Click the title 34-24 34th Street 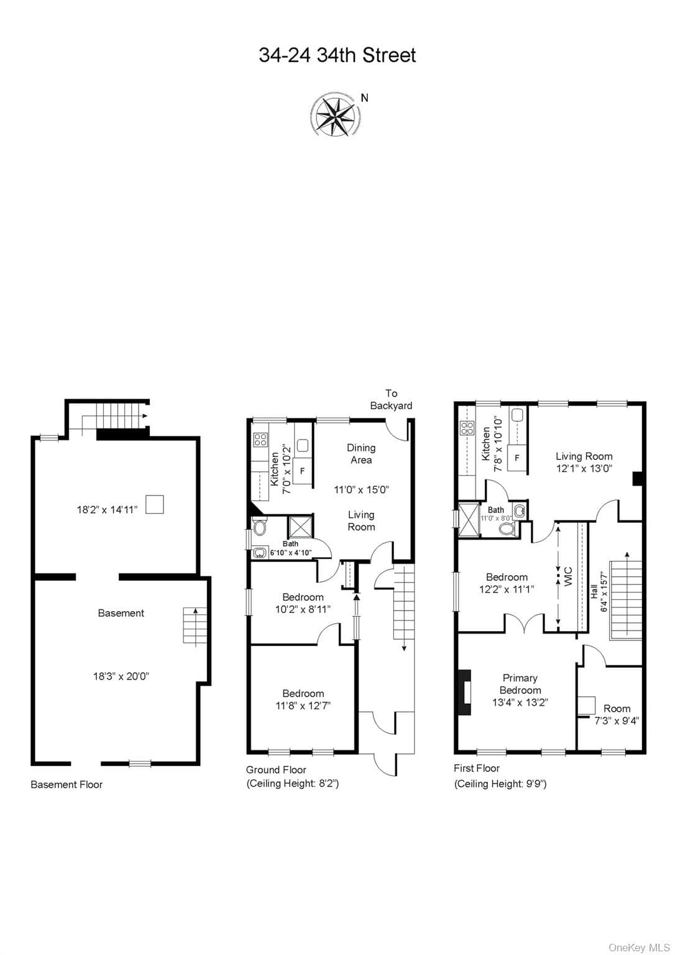pos(337,55)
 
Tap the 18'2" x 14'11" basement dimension pos(108,509)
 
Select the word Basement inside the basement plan pos(121,613)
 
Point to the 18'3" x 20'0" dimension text pos(121,676)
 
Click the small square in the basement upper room pos(155,504)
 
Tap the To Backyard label pos(391,399)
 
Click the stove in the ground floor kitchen pos(260,440)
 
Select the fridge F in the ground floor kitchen pos(303,471)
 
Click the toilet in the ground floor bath pos(259,527)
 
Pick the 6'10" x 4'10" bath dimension pos(291,553)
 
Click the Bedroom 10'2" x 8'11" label pos(303,603)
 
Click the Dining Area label pos(361,454)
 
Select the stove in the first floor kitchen pos(467,428)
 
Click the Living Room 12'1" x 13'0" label pos(584,463)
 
